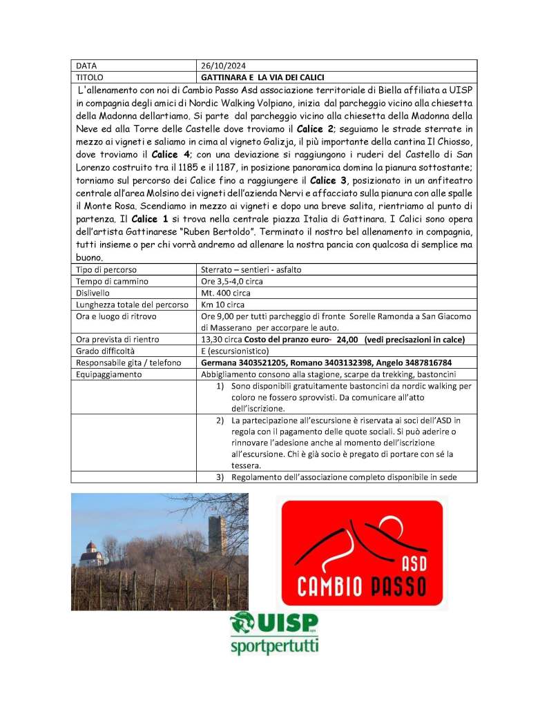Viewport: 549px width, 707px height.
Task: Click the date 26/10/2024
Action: [x=218, y=66]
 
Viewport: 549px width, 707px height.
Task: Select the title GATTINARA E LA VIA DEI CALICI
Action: [x=262, y=77]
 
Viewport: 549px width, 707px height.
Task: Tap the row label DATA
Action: [x=87, y=66]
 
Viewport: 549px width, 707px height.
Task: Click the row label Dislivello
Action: [x=95, y=292]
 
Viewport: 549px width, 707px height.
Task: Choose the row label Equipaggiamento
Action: [x=108, y=374]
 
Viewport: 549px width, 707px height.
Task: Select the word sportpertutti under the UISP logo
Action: [x=273, y=648]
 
